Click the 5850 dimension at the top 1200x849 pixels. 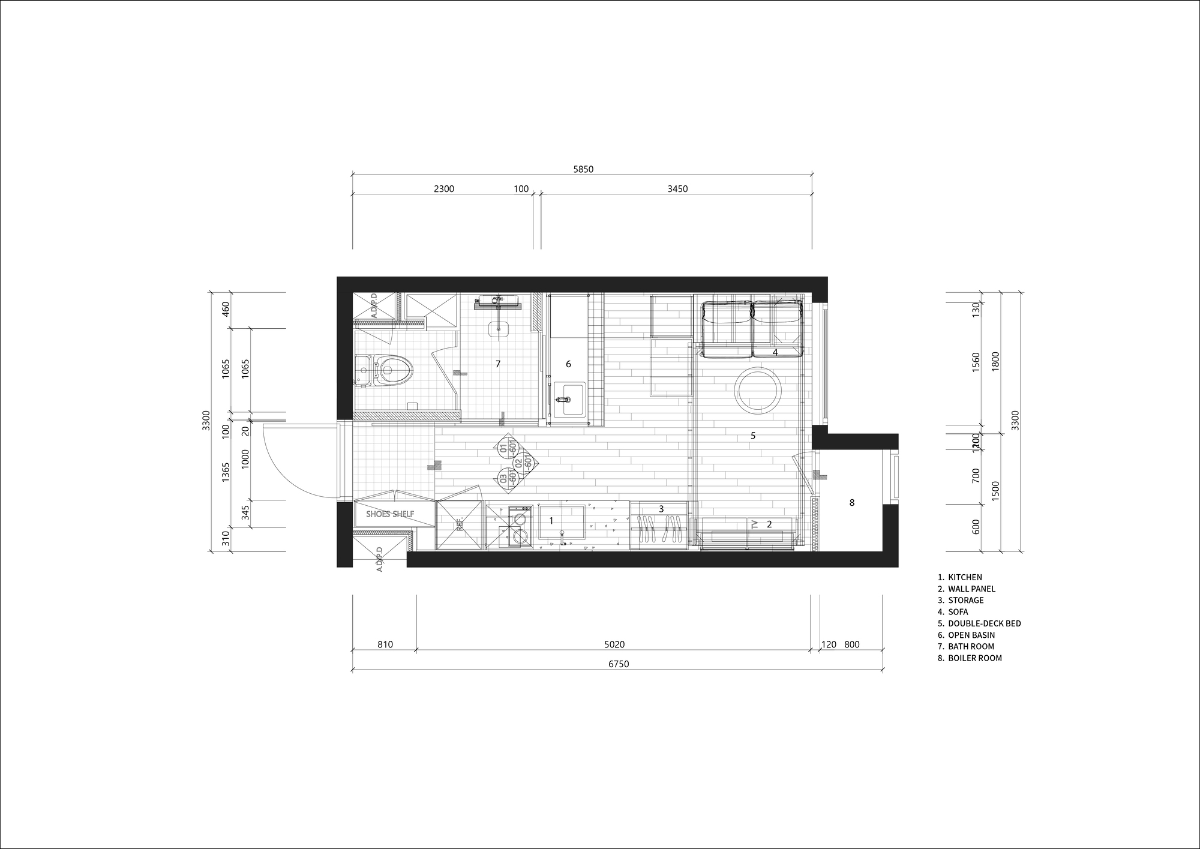[583, 169]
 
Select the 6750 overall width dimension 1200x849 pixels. [619, 664]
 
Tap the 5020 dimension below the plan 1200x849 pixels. [614, 644]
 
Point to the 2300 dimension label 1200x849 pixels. [443, 189]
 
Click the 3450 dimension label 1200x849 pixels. [677, 189]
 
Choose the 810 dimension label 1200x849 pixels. [385, 644]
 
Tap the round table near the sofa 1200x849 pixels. [758, 391]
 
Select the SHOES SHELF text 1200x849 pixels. [390, 514]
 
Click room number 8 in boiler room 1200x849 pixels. [851, 503]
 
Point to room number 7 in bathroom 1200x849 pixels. [497, 364]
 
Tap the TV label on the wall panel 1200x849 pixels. [755, 524]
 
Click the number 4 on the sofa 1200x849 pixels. [775, 352]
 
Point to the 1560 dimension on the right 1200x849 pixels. [976, 363]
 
